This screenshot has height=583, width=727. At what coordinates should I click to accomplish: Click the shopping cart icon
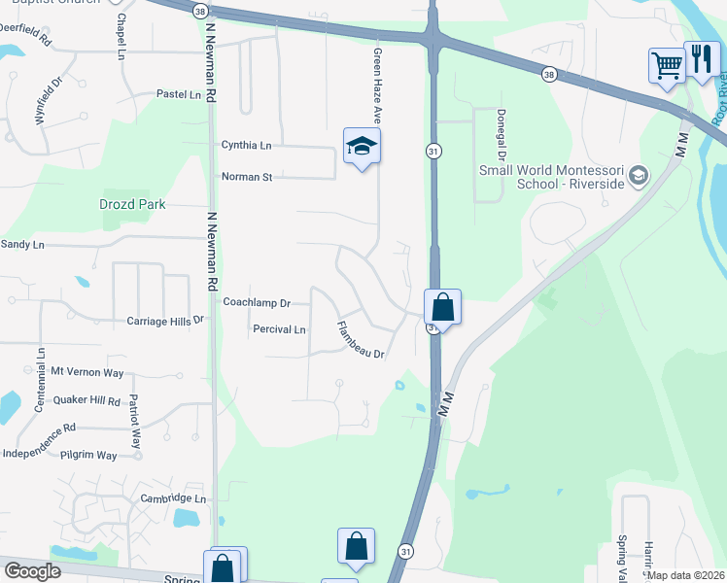coord(667,67)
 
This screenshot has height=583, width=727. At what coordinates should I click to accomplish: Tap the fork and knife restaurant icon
coord(701,59)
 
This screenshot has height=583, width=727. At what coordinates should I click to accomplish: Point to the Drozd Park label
coord(132,204)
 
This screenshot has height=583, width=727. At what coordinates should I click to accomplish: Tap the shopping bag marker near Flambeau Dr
coord(442,308)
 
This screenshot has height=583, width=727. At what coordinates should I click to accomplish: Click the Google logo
coord(32,571)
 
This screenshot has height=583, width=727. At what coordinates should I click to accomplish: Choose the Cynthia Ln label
coord(247,145)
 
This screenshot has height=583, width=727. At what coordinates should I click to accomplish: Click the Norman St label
coord(247,177)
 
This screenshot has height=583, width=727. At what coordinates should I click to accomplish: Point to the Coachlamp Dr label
coord(257,302)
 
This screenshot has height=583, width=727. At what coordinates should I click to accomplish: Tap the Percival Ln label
coord(279,329)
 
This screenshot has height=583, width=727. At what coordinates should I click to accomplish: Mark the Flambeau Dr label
coord(362,341)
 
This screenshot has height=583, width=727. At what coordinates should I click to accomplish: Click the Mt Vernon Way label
coord(87,372)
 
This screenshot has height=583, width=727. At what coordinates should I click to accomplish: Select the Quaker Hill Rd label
coord(87,400)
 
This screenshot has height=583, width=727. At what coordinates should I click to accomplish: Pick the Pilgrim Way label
coord(87,455)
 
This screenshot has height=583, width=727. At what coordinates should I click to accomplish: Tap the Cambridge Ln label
coord(173,497)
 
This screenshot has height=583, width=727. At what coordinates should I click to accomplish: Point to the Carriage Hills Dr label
coord(166,320)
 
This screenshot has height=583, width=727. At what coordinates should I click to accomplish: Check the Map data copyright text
coord(685,575)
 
